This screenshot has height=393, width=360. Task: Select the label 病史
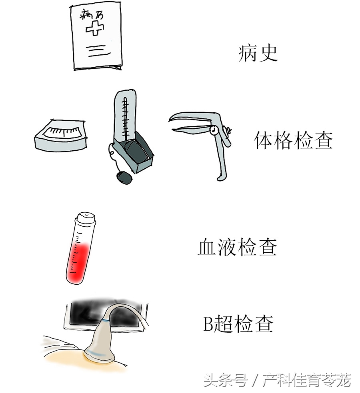coord(258,53)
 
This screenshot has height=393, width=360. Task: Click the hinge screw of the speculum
coord(213,130)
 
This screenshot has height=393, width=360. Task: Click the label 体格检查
coord(293,140)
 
